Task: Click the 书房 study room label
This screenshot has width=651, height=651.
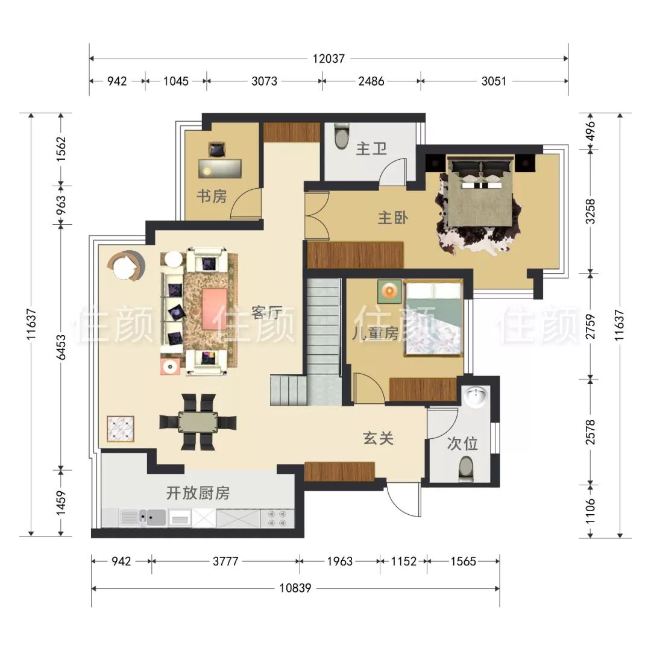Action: (x=212, y=196)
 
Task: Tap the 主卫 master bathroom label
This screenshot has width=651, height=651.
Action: (x=371, y=148)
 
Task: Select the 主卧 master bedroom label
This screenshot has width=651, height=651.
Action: (x=393, y=218)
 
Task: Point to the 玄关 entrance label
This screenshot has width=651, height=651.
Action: (x=378, y=438)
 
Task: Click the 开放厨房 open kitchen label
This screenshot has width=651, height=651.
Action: (x=198, y=493)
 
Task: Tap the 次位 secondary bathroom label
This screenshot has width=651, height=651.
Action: (x=462, y=444)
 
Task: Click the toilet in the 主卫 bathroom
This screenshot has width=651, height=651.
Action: (x=341, y=135)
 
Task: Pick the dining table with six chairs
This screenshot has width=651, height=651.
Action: (x=198, y=422)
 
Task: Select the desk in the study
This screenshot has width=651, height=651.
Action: (x=219, y=168)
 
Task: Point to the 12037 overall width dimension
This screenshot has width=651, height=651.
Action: (x=329, y=58)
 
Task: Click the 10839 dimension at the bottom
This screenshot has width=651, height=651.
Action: (x=295, y=588)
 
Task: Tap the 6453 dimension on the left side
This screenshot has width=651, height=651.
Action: (x=61, y=347)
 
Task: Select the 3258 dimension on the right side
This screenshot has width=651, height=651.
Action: (x=590, y=212)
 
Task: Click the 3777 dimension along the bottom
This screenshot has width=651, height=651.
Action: (x=225, y=561)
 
